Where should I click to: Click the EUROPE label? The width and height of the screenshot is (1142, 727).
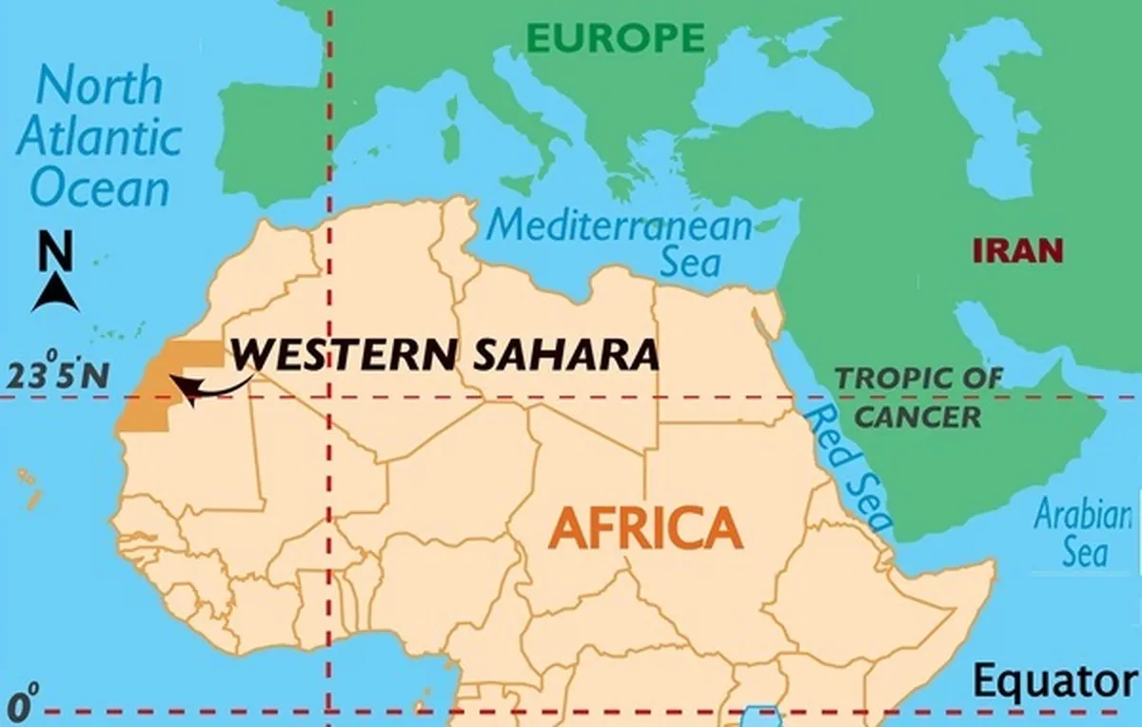[x=615, y=37]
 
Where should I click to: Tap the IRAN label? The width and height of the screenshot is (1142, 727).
[x=1017, y=251]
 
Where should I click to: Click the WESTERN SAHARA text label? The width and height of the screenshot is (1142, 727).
[x=445, y=354]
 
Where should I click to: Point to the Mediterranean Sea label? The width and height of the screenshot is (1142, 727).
[x=619, y=243]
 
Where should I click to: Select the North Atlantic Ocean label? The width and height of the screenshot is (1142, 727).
[x=98, y=137]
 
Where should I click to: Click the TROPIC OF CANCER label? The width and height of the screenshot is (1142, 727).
[x=918, y=397]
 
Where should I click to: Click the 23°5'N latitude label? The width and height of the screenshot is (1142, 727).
[x=55, y=376]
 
